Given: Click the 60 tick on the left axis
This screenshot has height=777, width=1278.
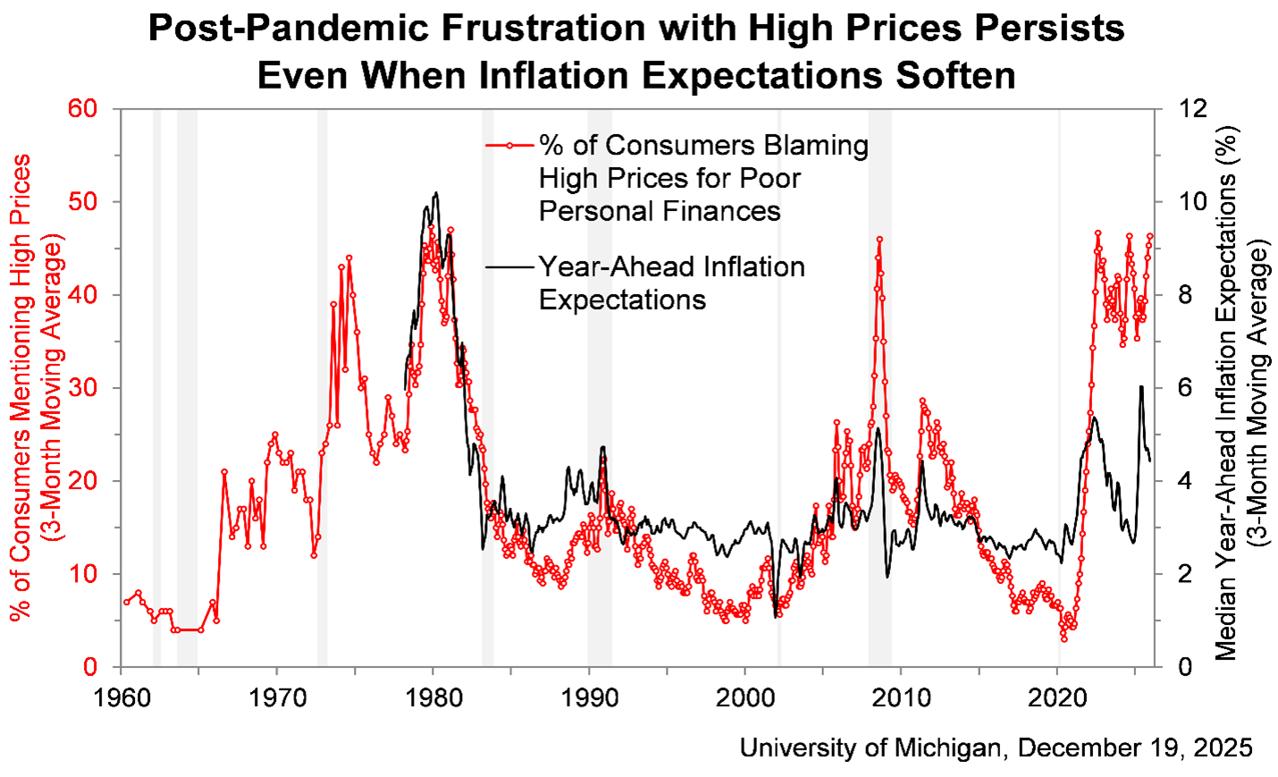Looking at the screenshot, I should pos(82,109).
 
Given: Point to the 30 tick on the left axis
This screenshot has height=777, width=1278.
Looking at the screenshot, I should pos(82,388).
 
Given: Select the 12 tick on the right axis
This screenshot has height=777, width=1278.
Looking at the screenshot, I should pos(1192,109).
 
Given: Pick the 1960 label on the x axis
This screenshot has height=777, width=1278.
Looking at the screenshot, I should pos(122,697).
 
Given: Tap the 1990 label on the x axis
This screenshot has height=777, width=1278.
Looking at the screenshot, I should pos(589,697).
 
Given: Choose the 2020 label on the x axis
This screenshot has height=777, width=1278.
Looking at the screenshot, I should pos(1057,697).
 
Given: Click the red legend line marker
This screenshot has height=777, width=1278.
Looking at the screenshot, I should pos(509,145).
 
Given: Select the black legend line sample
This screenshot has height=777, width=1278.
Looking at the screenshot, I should pos(509,266).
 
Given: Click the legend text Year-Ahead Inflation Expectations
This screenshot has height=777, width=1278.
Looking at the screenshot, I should pos(670,283).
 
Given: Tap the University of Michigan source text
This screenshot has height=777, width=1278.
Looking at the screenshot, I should pos(996,747).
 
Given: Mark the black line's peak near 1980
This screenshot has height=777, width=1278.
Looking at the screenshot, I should pos(435,192).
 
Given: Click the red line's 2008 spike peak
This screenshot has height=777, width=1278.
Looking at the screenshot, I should pos(879,239).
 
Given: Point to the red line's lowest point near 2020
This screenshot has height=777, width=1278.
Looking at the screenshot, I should pos(1064,639).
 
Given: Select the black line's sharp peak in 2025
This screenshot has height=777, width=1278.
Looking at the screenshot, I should pos(1141,386).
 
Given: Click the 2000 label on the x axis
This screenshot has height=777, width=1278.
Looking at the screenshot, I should pos(745,697).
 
